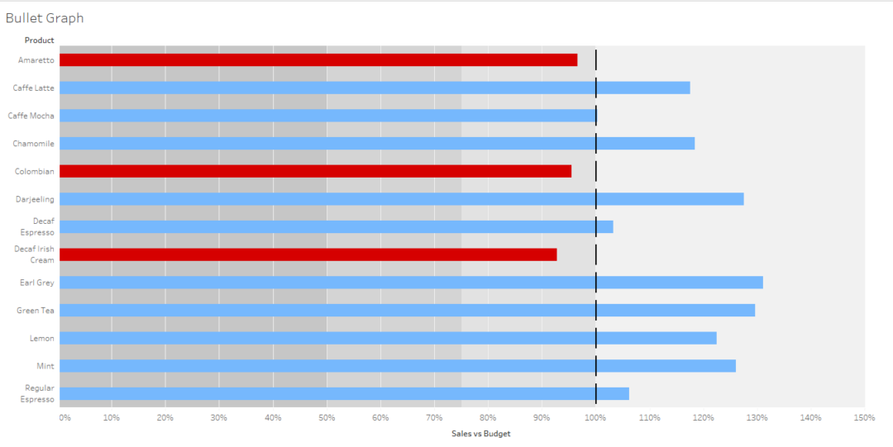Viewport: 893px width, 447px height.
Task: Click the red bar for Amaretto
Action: [x=318, y=60]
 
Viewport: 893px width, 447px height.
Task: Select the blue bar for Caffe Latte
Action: [x=375, y=88]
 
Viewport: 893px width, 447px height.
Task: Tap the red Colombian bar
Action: [x=315, y=171]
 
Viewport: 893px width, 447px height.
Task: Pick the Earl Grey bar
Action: [x=411, y=283]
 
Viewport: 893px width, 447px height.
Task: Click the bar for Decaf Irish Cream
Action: [x=308, y=254]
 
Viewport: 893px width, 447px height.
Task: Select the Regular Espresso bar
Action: [x=344, y=393]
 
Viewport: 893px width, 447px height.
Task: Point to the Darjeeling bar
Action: [x=401, y=199]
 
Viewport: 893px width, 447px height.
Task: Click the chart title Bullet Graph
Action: [x=45, y=18]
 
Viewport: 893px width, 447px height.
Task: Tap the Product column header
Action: [x=39, y=40]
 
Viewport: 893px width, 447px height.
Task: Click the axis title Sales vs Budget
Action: [x=480, y=434]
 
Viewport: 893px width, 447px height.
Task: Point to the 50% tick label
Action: [x=327, y=417]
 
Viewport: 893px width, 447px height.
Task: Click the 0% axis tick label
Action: [x=65, y=417]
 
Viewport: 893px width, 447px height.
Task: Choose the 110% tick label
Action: [x=649, y=417]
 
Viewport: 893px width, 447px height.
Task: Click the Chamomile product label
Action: [x=33, y=144]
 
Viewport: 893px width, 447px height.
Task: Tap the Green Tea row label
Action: [x=36, y=311]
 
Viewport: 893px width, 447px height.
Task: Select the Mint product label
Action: [x=45, y=366]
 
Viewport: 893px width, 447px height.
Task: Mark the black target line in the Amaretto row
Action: [x=596, y=60]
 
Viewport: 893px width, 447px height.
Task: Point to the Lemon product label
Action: [x=42, y=338]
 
